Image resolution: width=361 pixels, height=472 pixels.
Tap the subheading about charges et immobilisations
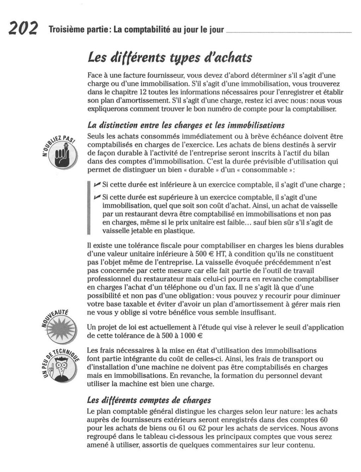coord(186,125)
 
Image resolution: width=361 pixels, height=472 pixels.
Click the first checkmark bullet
coord(97,184)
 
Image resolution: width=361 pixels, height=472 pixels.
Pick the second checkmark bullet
coord(97,197)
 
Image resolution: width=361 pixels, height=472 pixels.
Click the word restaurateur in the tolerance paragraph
coord(159,279)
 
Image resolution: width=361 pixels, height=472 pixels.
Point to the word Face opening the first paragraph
coord(94,75)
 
